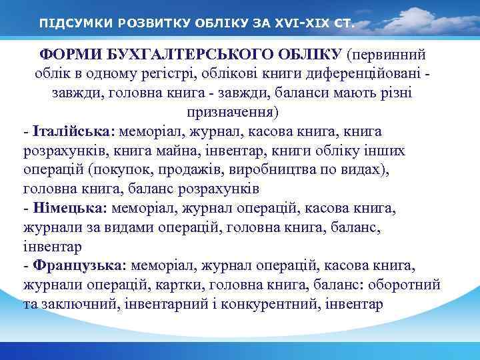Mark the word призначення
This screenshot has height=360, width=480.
(233, 111)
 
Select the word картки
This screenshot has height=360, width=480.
(181, 285)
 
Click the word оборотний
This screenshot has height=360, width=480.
(410, 285)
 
